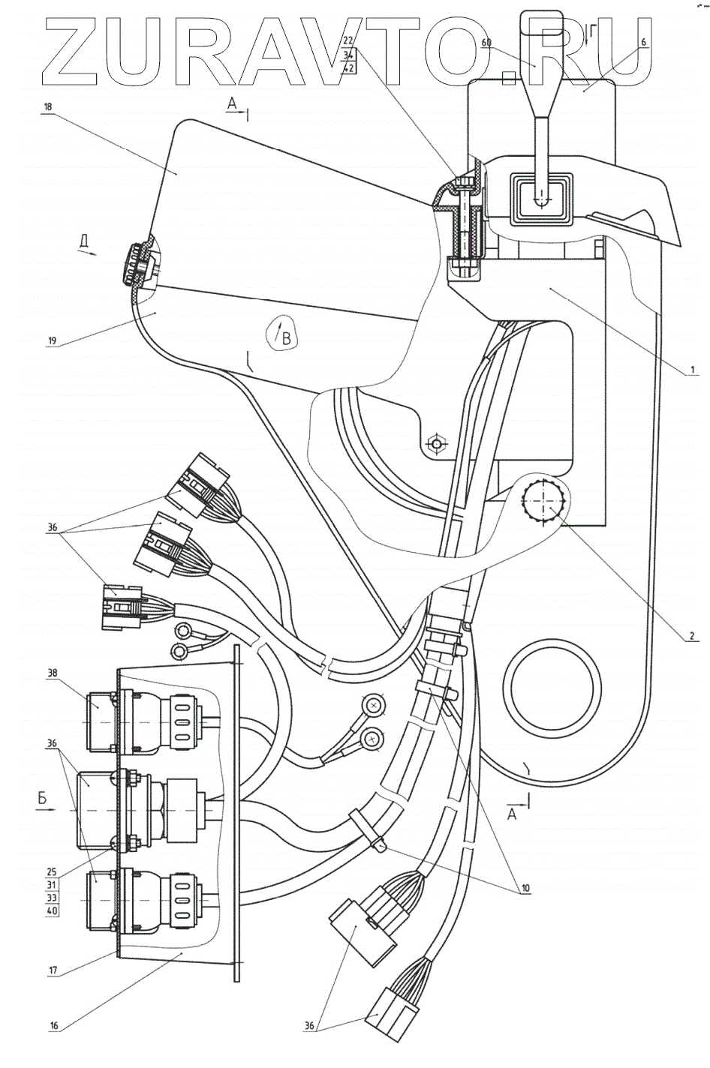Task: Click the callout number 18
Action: [48, 107]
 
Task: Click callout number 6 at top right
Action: [643, 43]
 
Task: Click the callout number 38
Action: [52, 673]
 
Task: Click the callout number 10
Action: [526, 888]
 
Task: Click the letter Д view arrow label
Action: [85, 241]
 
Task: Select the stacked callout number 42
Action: [348, 68]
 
